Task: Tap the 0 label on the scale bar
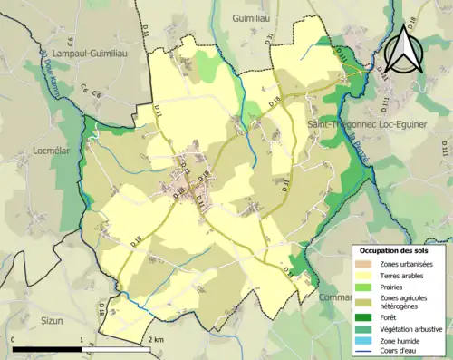pyautogui.click(x=14, y=339)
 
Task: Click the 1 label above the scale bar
pyautogui.click(x=82, y=339)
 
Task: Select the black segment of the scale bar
pyautogui.click(x=47, y=349)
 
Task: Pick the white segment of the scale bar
pyautogui.click(x=116, y=349)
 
